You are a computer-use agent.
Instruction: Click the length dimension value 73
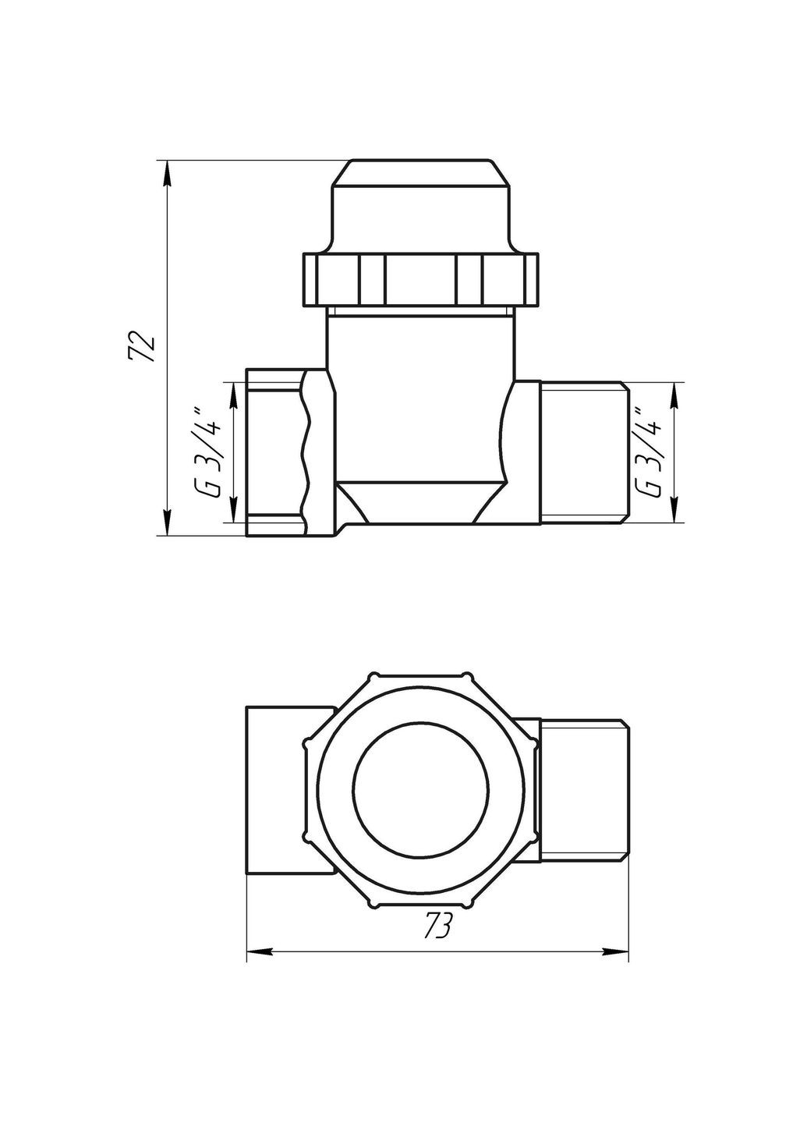tap(438, 926)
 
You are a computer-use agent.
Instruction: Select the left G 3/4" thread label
tap(210, 452)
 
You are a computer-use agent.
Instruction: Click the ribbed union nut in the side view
tap(421, 278)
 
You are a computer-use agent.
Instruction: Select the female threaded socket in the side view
tap(273, 452)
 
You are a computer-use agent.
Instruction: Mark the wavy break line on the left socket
tap(306, 452)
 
